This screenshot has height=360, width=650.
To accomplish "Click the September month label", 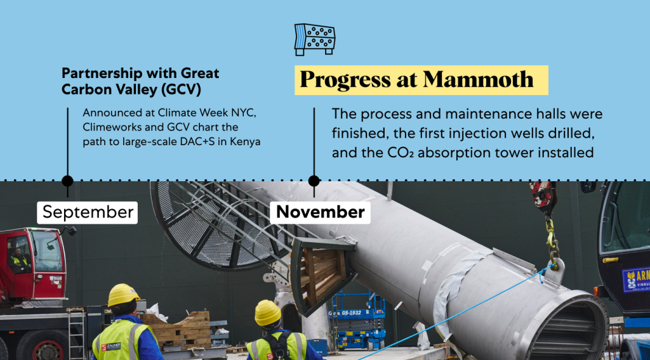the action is coord(88,212).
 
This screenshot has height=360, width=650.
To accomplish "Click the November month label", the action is coord(320,212).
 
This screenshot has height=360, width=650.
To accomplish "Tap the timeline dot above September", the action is coord(67,181).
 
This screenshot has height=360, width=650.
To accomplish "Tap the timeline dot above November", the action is coord(314,181).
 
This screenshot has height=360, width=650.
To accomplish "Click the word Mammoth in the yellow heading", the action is coord(478,79).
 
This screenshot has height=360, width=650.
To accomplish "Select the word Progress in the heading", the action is coord(345,80).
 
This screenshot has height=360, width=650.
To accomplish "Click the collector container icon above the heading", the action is coord(315,39).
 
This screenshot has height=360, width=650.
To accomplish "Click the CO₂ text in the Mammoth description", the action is coord(401,153).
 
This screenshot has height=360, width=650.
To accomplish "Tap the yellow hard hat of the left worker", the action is coord(123,294).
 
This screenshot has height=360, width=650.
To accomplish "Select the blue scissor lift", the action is coord(357,319).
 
